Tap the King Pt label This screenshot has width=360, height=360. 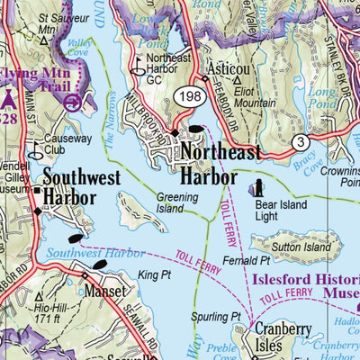point(154,273)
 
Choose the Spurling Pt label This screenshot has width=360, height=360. point(223,317)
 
